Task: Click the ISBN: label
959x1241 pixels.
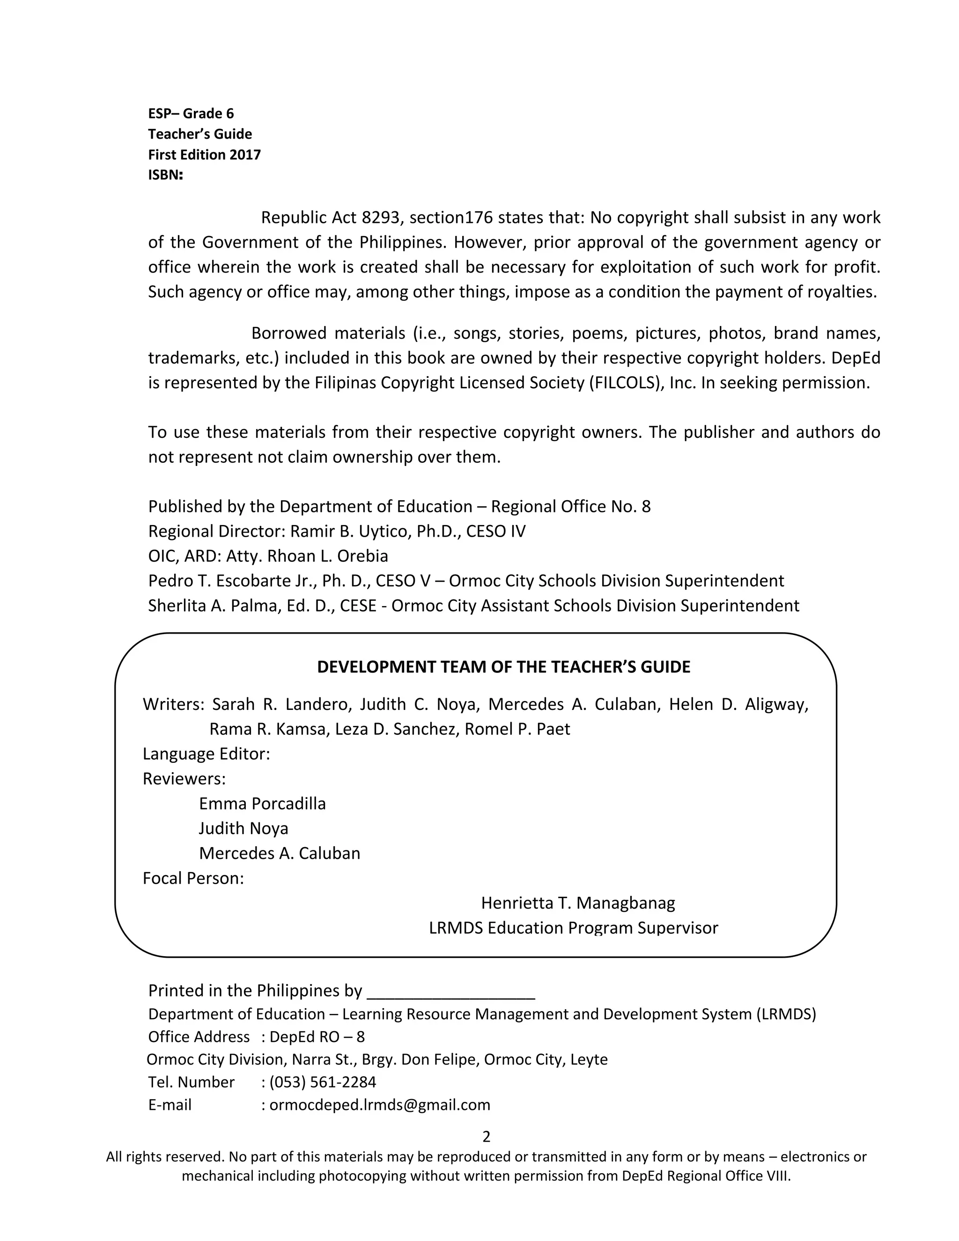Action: click(165, 175)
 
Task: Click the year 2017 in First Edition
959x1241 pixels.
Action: click(245, 155)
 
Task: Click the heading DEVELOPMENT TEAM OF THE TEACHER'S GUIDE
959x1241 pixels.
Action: click(503, 667)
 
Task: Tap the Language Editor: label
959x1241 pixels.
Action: click(206, 754)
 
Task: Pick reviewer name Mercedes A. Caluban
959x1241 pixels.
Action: click(280, 853)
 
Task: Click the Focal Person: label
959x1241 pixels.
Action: click(193, 878)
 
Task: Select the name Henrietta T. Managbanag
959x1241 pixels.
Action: click(578, 902)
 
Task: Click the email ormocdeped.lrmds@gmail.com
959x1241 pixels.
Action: click(379, 1105)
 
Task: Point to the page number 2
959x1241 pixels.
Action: click(486, 1136)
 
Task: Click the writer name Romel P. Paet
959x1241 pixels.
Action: click(517, 729)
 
